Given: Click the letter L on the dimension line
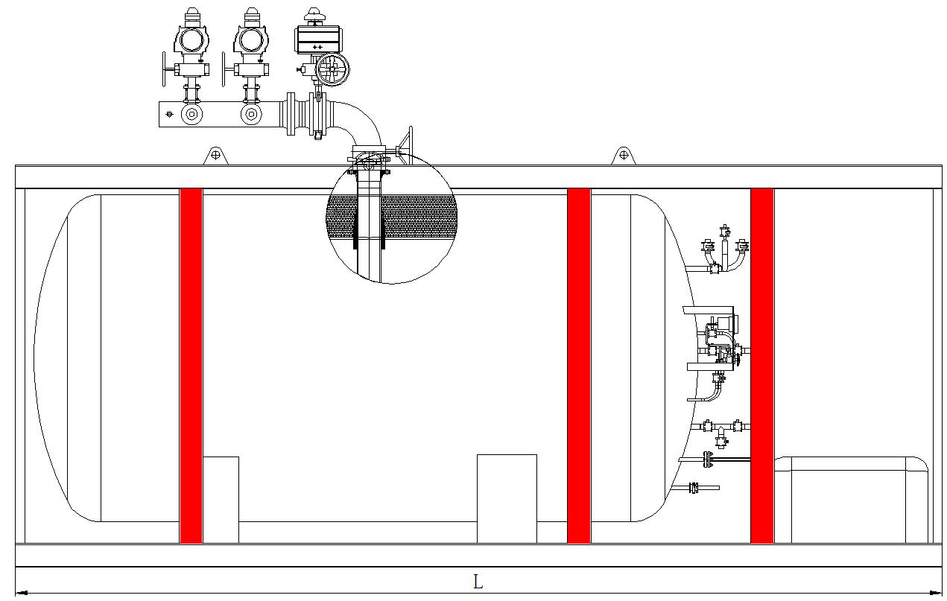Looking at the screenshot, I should [478, 582].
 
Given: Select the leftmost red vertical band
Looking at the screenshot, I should [191, 365].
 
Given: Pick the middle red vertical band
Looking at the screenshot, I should [579, 365].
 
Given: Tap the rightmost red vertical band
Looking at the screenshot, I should [761, 365].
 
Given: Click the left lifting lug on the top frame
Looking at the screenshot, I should [215, 155].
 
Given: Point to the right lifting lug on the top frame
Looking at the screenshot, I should [624, 155].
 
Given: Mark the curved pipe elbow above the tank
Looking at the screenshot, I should [358, 119].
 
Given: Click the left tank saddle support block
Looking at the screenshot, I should [221, 499].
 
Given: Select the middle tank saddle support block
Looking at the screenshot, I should [507, 497].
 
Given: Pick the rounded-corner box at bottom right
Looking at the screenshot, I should [849, 499].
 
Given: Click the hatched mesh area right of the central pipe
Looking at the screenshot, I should [417, 217].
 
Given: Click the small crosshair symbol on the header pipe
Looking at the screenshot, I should [170, 114].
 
